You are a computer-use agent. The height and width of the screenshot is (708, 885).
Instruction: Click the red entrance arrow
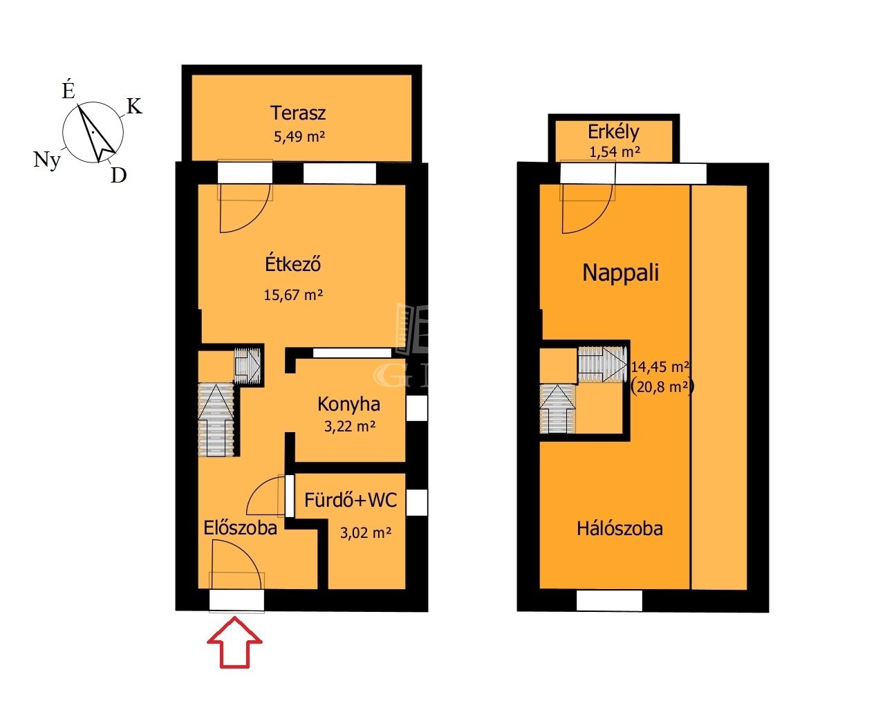(234, 642)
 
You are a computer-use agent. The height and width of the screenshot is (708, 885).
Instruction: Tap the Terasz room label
(298, 113)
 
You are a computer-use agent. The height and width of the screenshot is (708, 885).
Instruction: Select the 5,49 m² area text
(299, 136)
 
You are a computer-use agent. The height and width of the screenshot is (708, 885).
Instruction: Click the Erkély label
(613, 132)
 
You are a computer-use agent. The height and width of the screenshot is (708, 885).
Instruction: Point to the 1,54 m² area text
(615, 152)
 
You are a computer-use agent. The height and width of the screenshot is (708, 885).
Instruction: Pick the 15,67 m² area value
(293, 295)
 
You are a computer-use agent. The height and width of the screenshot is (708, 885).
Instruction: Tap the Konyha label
(348, 404)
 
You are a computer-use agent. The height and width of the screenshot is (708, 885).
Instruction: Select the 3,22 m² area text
(350, 426)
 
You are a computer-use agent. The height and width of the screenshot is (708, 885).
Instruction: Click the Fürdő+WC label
(351, 501)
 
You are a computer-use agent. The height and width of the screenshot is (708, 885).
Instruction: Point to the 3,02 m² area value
(366, 533)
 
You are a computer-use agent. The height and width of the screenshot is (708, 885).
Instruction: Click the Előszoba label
(241, 528)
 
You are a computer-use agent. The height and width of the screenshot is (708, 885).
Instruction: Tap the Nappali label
(621, 272)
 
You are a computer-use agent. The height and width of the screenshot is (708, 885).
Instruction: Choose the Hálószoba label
(619, 529)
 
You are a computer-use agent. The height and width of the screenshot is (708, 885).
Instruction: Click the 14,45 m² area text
(661, 366)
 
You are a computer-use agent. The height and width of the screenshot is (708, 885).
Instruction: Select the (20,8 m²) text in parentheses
(662, 386)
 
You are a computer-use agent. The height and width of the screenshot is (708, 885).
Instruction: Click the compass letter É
(68, 90)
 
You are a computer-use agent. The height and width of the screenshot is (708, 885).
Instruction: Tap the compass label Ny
(47, 160)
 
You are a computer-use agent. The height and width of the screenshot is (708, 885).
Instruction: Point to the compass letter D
(118, 176)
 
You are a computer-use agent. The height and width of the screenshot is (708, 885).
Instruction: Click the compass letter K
(134, 106)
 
